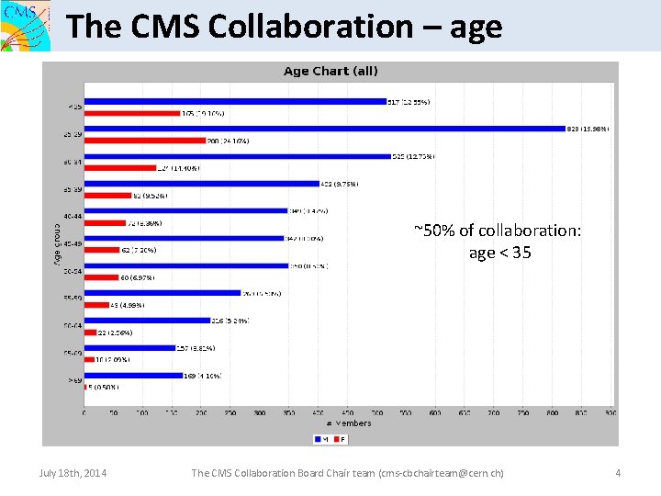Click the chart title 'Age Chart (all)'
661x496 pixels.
[330, 71]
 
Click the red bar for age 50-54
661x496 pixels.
[101, 277]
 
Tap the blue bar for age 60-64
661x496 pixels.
[147, 321]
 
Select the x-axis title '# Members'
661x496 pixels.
[349, 423]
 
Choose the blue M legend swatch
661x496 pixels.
[318, 438]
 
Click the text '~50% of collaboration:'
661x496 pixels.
[498, 230]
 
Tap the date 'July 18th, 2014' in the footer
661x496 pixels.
[73, 473]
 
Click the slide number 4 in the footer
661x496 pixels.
[618, 473]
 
